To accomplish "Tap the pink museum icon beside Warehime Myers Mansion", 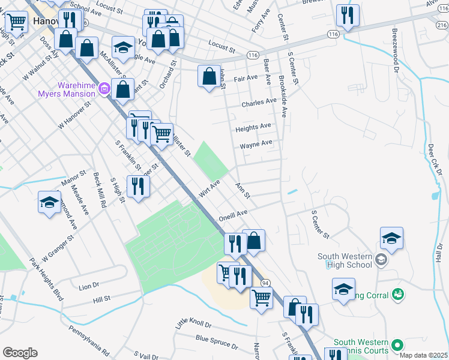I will click(x=104, y=89).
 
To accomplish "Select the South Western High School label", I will click(x=345, y=260).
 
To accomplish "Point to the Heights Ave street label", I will click(x=253, y=127).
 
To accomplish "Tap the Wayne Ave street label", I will click(x=256, y=144).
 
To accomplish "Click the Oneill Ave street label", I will click(x=233, y=214).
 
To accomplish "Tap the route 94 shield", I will click(x=265, y=282).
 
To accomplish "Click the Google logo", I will click(x=20, y=352).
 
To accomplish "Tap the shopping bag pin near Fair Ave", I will click(x=208, y=77).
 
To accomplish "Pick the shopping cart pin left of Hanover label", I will click(x=16, y=22).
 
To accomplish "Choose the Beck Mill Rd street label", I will click(x=99, y=190).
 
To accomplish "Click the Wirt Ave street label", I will click(x=209, y=187).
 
